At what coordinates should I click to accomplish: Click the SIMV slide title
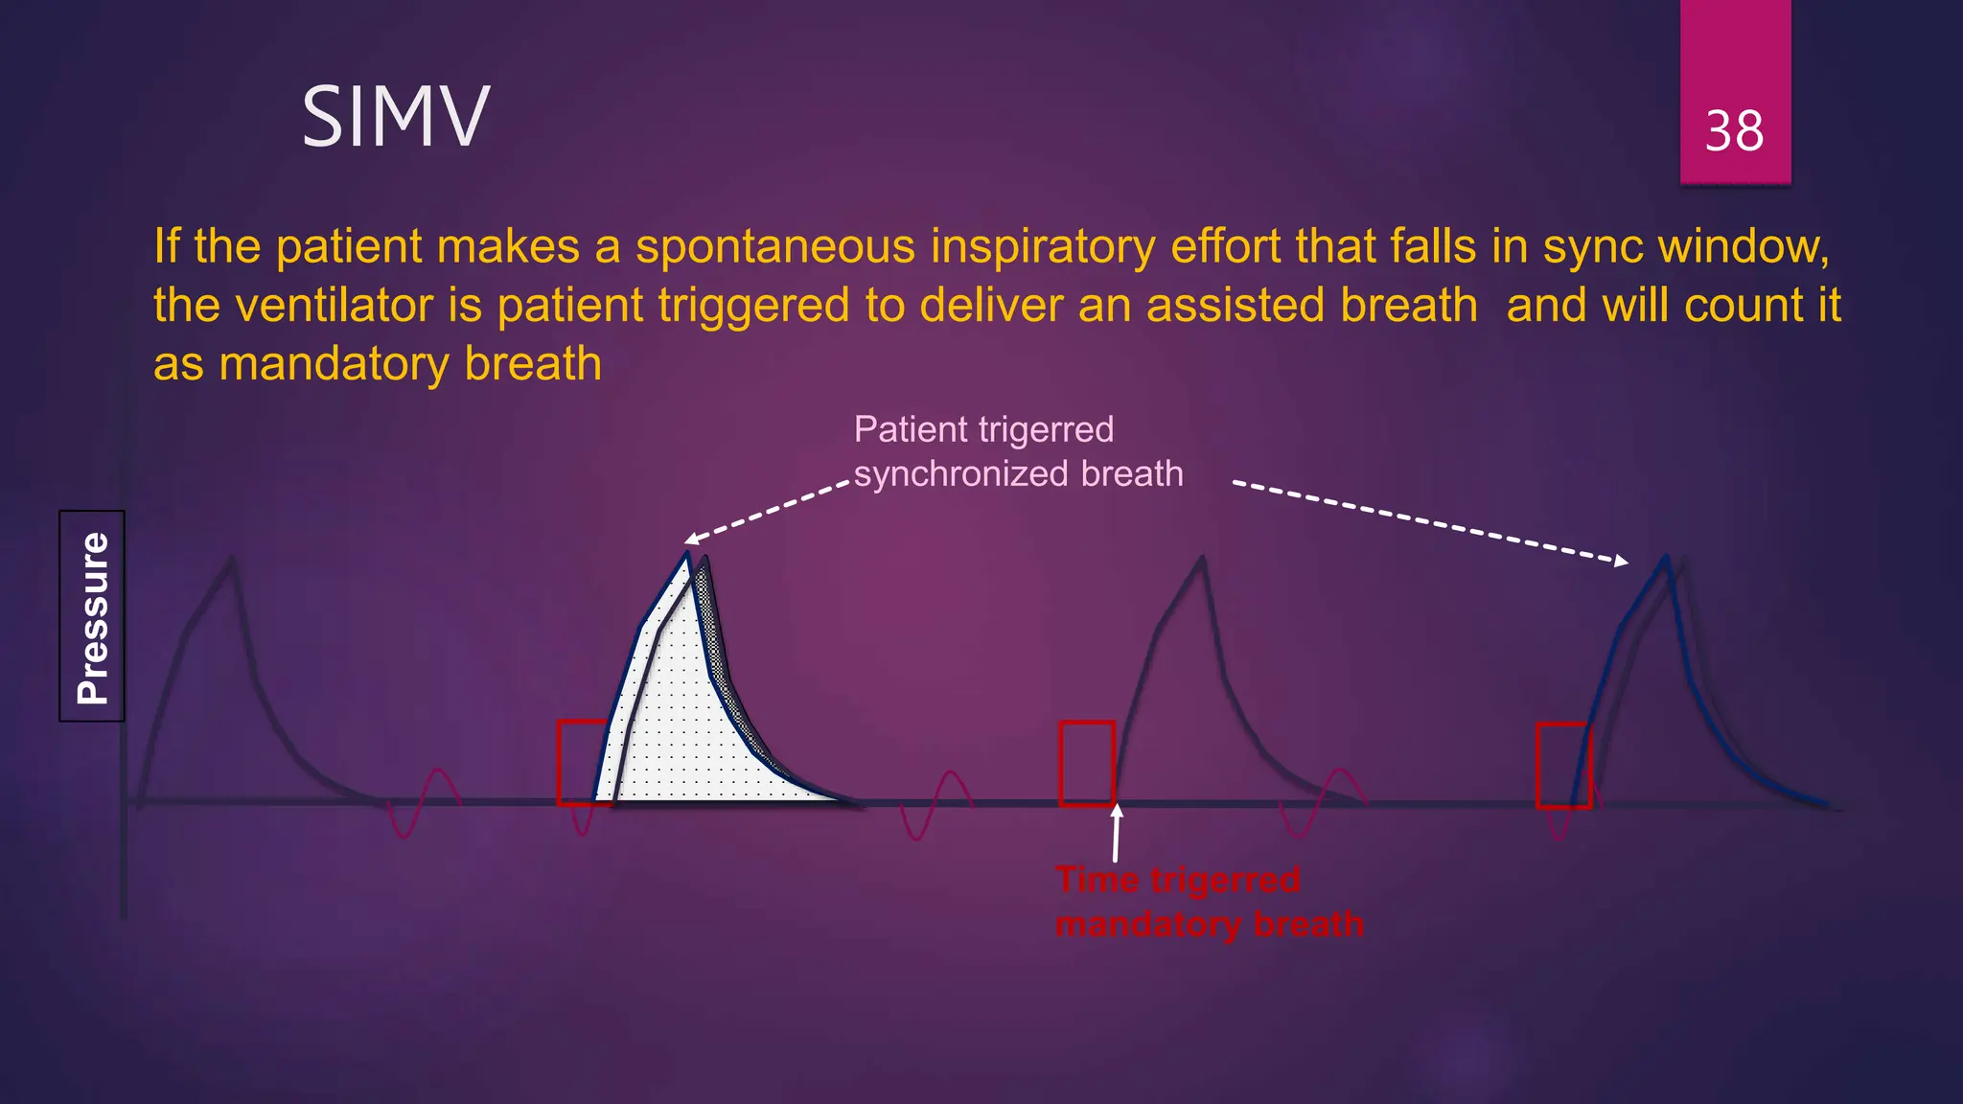pos(396,117)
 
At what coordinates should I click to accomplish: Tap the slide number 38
pos(1734,131)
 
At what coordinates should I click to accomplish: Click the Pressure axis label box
pos(92,616)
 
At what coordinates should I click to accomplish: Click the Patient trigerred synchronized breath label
pos(1017,451)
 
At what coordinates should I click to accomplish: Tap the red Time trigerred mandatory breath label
pos(1208,902)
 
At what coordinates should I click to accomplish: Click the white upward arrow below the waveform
pos(1116,833)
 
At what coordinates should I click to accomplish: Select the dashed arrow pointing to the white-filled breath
pos(767,513)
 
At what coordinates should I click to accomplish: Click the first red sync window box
pos(584,763)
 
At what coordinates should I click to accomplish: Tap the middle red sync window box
pos(1087,764)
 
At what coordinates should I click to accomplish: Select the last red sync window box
pos(1563,766)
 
